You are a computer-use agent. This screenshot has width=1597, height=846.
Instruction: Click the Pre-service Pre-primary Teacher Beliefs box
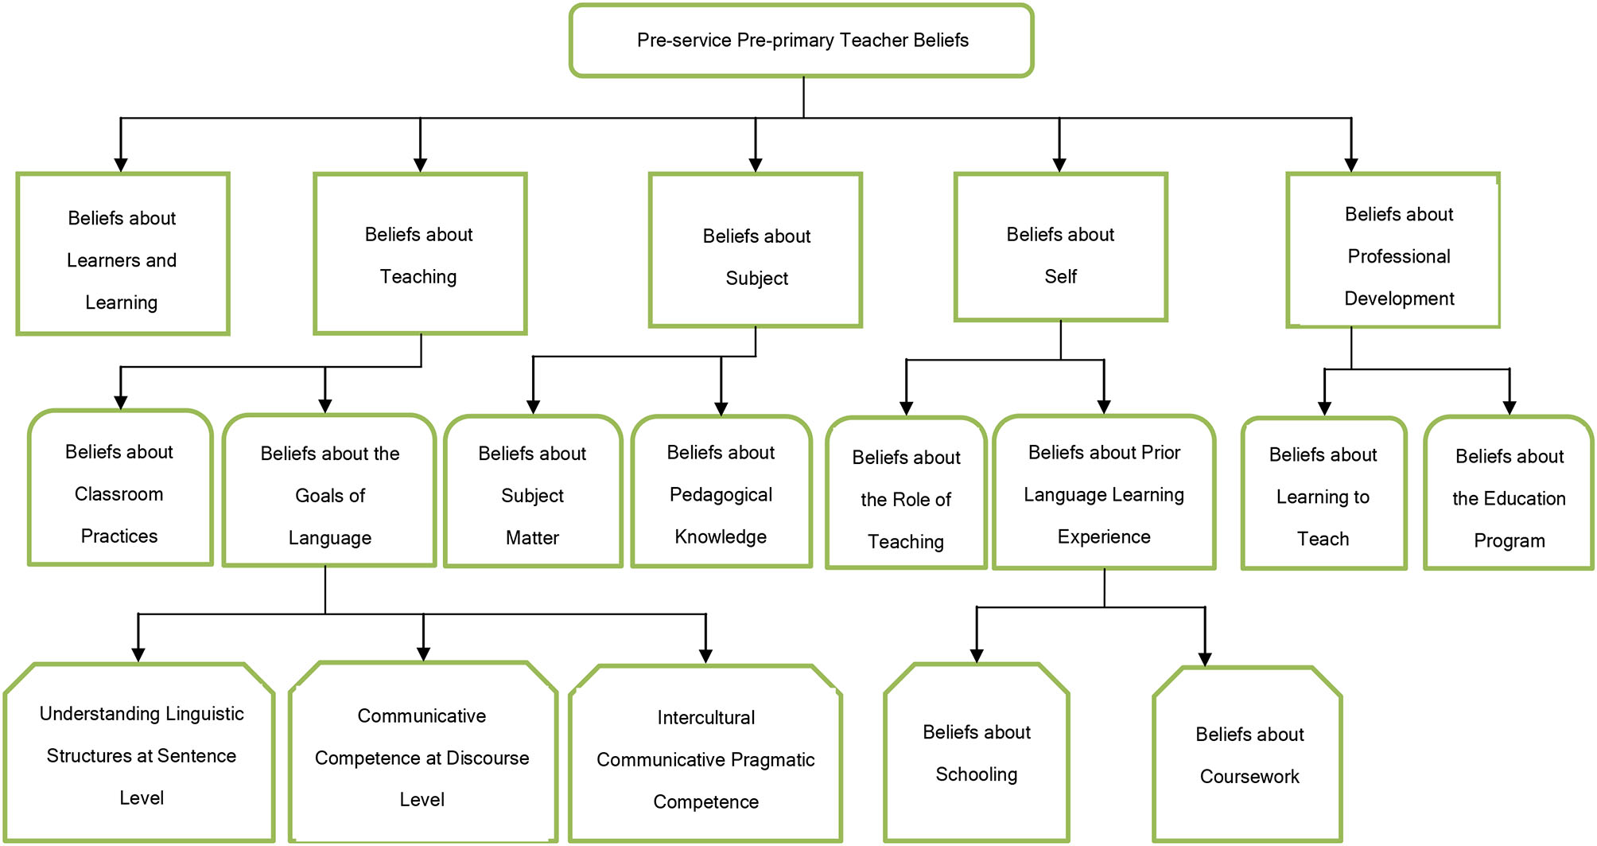[x=802, y=41]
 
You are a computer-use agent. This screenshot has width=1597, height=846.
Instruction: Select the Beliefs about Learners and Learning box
[x=122, y=255]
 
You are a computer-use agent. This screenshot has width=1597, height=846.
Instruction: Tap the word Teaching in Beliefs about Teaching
[x=418, y=277]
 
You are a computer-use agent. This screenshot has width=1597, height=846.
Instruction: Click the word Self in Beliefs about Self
[x=1060, y=277]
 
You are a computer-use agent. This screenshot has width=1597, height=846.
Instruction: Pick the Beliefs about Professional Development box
[x=1393, y=251]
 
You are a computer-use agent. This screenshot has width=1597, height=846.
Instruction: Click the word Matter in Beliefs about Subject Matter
[x=532, y=538]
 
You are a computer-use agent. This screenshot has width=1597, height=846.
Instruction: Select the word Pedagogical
[x=721, y=495]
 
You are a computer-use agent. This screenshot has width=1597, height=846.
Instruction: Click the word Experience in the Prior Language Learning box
[x=1104, y=537]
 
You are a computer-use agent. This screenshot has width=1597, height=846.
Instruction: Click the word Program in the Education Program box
[x=1509, y=541]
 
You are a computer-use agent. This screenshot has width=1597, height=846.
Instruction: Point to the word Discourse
[x=488, y=758]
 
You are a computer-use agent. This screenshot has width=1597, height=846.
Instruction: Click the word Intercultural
[x=705, y=718]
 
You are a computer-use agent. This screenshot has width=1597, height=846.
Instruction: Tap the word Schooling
[x=976, y=774]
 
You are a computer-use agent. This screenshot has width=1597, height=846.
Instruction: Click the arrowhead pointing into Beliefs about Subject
[x=756, y=165]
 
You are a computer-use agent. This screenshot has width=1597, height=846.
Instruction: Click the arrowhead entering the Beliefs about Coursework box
[x=1204, y=659]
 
